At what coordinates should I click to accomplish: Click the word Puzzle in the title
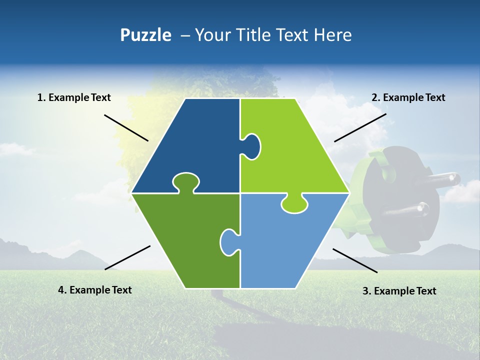[x=145, y=35]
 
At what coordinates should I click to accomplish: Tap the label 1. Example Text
[x=74, y=97]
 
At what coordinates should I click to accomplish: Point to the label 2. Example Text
[x=408, y=97]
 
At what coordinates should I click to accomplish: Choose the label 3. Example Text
[x=399, y=291]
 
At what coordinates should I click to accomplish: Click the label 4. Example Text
[x=95, y=290]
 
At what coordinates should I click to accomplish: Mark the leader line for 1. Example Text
[x=126, y=128]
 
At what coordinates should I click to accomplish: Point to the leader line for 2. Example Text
[x=360, y=127]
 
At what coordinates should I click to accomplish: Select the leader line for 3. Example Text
[x=355, y=260]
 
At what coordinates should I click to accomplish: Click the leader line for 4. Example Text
[x=127, y=257]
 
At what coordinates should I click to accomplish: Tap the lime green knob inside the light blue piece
[x=294, y=204]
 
